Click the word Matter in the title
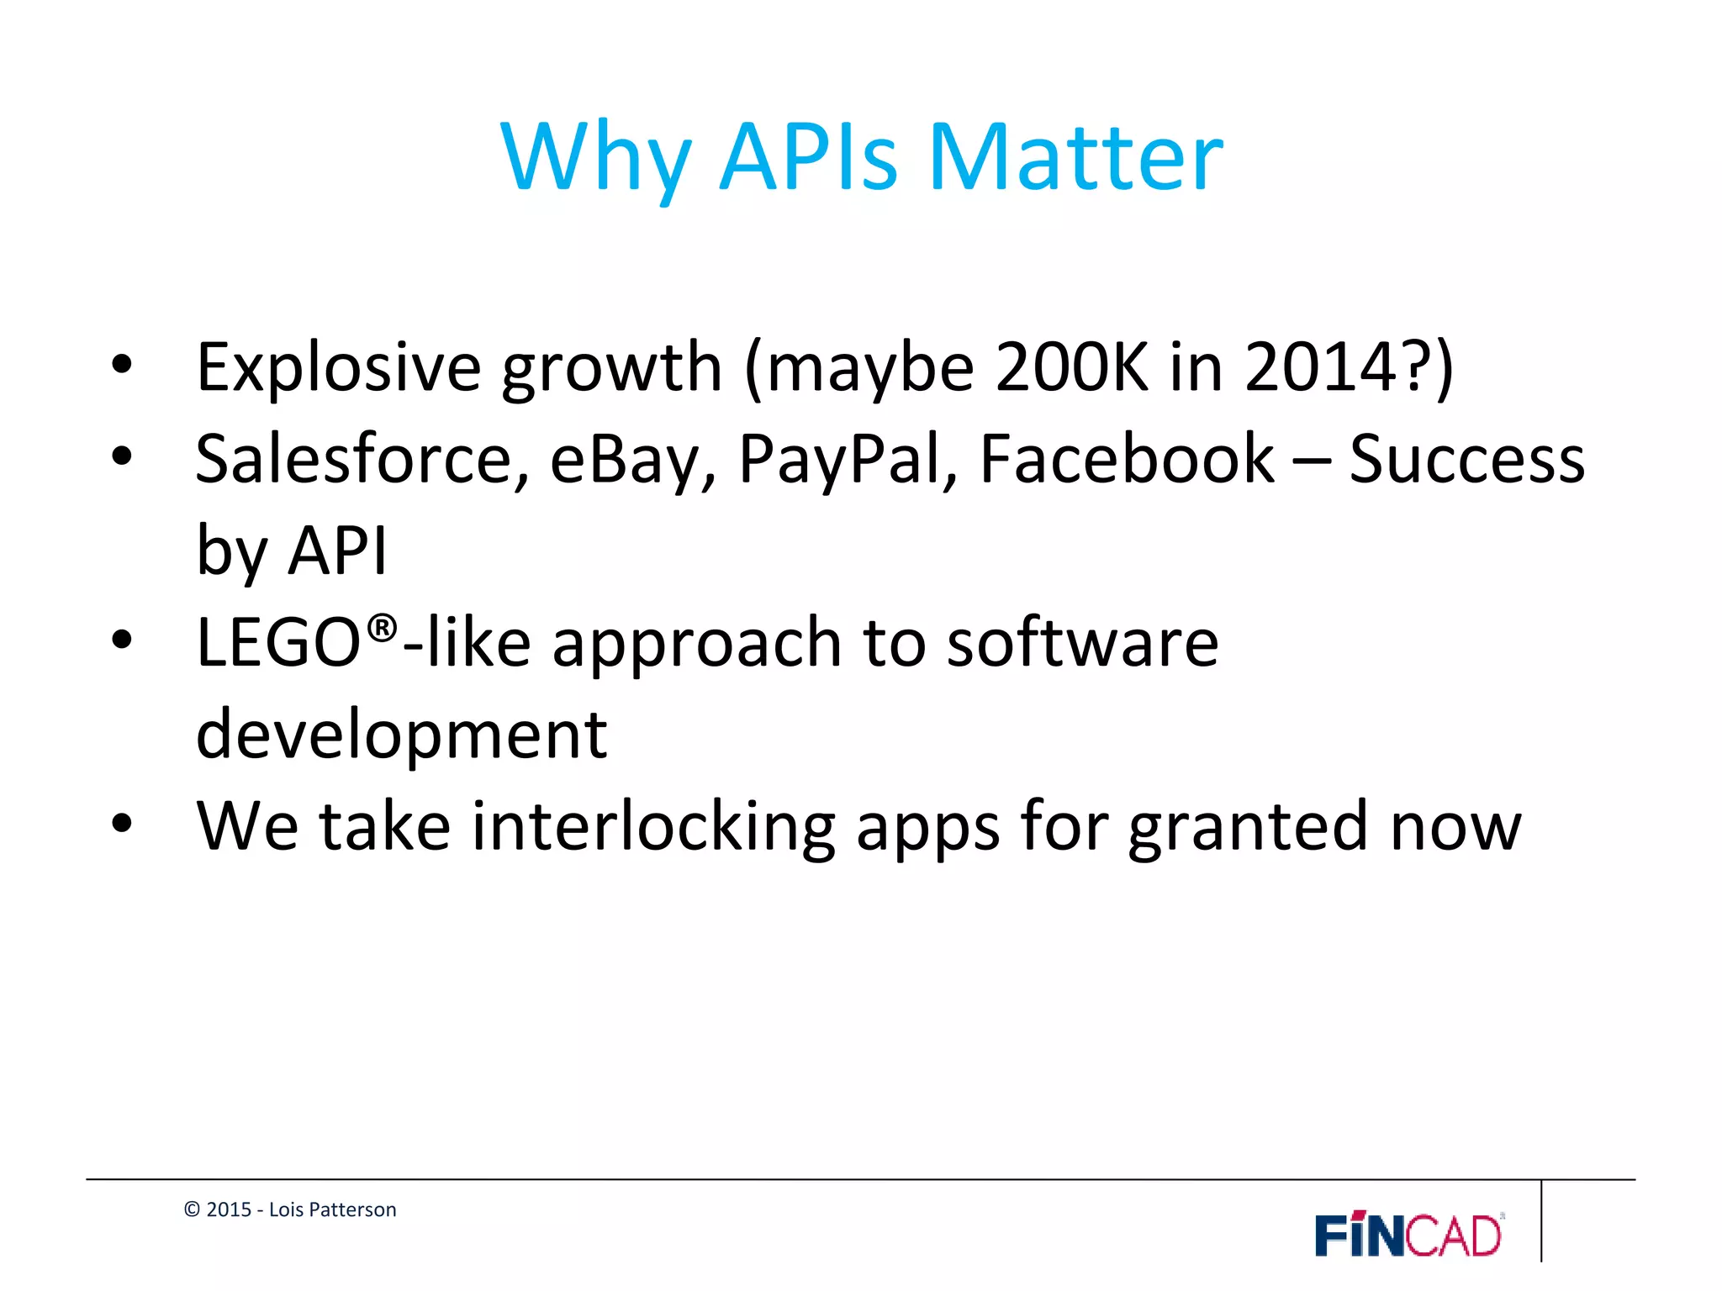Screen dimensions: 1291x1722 point(1075,158)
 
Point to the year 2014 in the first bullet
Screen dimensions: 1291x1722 point(1320,367)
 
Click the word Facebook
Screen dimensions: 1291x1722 point(1127,460)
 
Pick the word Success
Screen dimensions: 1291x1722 point(1466,460)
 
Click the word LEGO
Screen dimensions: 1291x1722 point(278,643)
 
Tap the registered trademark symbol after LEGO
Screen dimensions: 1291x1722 point(383,628)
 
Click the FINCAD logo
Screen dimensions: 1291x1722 point(1408,1235)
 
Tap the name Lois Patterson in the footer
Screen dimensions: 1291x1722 point(332,1209)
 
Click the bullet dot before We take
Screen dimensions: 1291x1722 point(122,824)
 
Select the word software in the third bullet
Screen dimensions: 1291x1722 point(1082,643)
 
